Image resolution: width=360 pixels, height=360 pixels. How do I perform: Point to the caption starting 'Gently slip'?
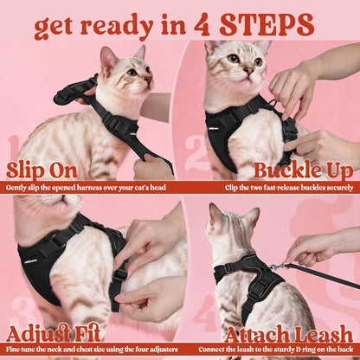(84, 186)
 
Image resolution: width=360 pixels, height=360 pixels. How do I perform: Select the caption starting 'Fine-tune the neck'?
(90, 349)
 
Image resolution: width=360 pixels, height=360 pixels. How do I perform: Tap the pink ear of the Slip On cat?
(108, 59)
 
